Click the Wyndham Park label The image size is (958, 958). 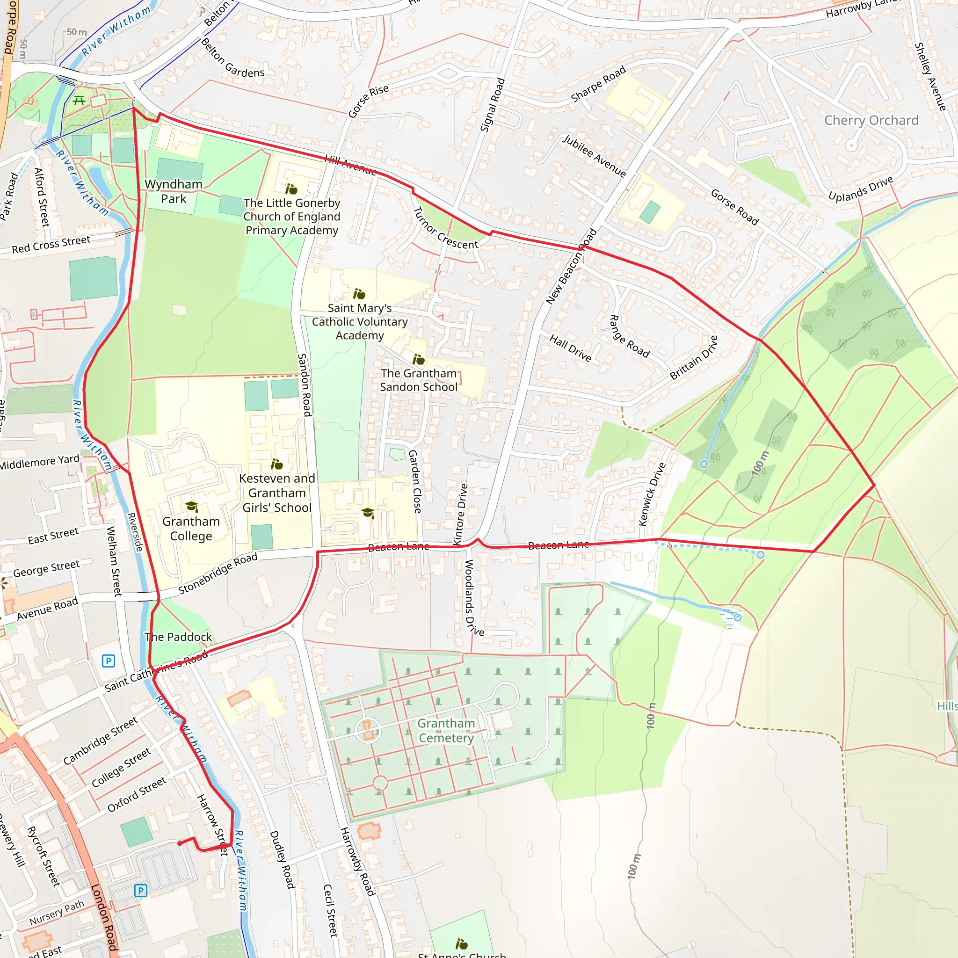(x=174, y=191)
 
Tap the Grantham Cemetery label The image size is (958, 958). (x=446, y=730)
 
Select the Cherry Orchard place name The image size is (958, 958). (x=871, y=121)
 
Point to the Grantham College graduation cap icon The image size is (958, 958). (x=191, y=506)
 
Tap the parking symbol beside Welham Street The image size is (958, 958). (x=108, y=660)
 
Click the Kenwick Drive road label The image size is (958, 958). (x=652, y=494)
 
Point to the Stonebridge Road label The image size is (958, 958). (x=218, y=573)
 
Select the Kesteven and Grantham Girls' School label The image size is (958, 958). (x=277, y=493)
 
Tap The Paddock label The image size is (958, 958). (x=178, y=637)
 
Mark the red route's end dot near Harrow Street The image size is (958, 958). (x=180, y=843)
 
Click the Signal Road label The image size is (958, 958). (x=493, y=105)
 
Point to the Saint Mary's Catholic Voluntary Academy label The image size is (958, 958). (x=360, y=321)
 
